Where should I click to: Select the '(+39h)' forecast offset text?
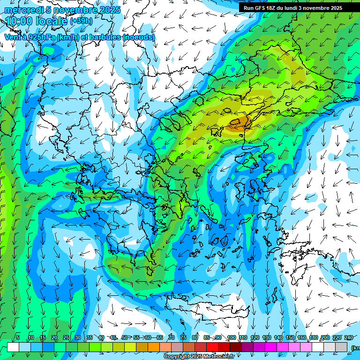coord(81,21)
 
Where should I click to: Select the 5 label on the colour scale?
coord(18,338)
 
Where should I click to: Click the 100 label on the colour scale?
coord(231,338)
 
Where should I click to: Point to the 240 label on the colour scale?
coord(348,338)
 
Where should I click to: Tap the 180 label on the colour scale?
coord(313,338)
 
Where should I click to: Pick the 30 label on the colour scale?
coord(77,338)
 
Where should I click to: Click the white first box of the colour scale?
coord(13,347)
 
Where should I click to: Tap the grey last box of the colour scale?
coord(341,347)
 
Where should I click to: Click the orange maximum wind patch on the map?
coord(239,123)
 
